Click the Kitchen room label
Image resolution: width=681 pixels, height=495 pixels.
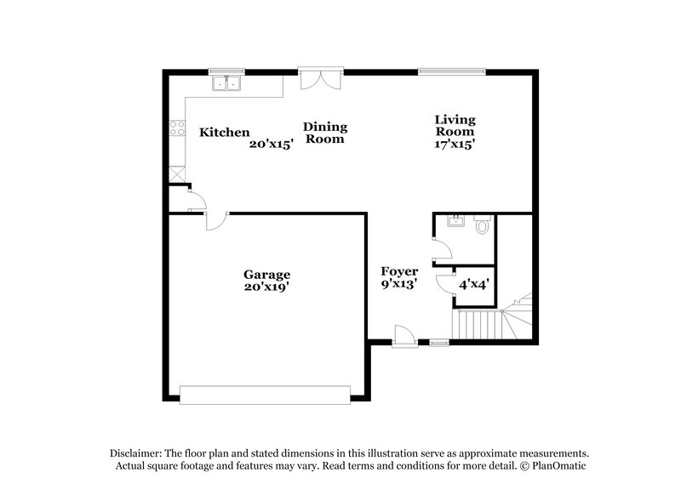click(x=224, y=132)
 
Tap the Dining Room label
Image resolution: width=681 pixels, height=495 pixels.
click(x=325, y=133)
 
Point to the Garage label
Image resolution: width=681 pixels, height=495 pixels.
click(x=267, y=275)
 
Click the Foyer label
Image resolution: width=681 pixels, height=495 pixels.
click(x=398, y=271)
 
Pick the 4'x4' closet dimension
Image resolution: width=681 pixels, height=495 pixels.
click(x=473, y=285)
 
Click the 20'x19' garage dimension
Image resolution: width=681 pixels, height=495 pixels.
click(x=267, y=287)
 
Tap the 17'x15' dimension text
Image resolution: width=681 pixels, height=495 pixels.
click(x=455, y=145)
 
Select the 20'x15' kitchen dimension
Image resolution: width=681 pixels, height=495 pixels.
click(x=271, y=145)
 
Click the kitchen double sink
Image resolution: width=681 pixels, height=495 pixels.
click(x=227, y=83)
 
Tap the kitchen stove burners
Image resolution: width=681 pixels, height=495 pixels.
click(x=178, y=128)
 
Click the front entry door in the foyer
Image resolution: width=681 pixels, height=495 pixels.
click(x=403, y=338)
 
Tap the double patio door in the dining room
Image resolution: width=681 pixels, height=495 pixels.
click(x=322, y=78)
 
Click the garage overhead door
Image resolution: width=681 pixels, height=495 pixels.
click(x=266, y=394)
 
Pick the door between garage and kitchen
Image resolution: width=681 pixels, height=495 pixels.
click(x=214, y=220)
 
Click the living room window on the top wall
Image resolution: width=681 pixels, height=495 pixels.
click(x=453, y=71)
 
